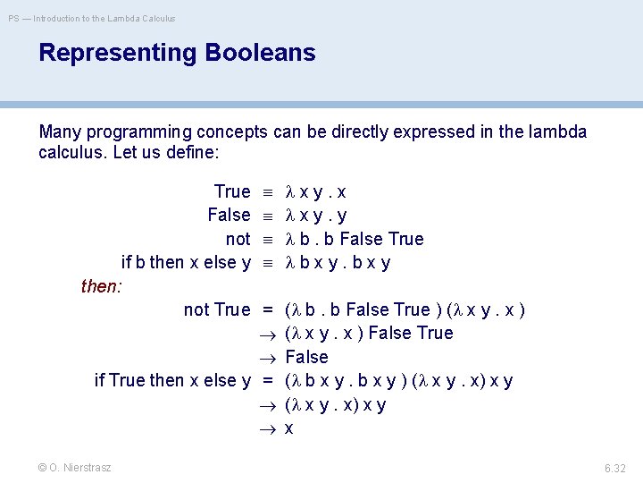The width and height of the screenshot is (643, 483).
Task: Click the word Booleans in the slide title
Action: pos(260,53)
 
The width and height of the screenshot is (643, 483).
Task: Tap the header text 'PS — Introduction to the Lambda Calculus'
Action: pos(93,18)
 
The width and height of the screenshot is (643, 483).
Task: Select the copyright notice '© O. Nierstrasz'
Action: pos(75,468)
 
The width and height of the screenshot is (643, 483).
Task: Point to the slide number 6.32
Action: pos(614,468)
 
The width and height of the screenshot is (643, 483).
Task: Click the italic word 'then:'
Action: pos(102,286)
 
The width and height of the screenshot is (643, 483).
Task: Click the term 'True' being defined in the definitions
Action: pos(232,191)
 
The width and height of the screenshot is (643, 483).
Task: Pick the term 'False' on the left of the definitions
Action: pos(229,215)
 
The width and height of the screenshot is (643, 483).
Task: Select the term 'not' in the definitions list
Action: pos(238,239)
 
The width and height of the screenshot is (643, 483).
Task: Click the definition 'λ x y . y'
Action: pos(316,215)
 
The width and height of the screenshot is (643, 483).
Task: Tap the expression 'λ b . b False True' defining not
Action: pos(354,239)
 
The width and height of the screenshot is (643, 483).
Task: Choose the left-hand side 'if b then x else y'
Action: pos(186,263)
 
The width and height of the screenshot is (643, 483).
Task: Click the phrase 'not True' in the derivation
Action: pos(217,309)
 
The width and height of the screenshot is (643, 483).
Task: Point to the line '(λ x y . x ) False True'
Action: pos(368,333)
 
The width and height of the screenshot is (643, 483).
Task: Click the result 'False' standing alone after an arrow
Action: pos(306,357)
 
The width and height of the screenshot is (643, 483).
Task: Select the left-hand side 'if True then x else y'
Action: pos(172,380)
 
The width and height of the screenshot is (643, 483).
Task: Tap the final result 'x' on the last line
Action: pos(288,428)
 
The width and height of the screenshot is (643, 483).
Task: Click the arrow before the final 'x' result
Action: pos(267,428)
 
